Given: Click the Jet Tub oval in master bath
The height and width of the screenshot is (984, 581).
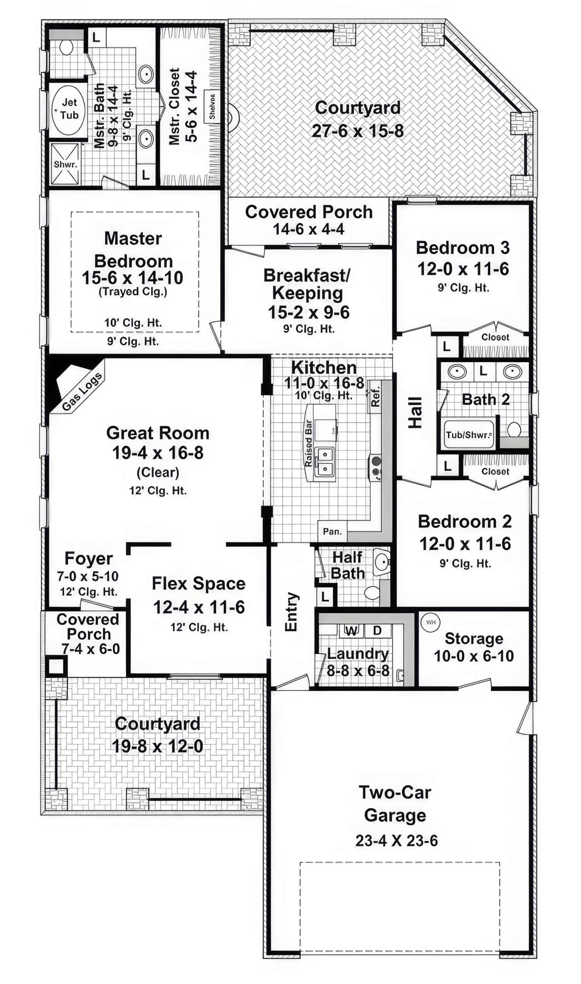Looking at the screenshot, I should (68, 110).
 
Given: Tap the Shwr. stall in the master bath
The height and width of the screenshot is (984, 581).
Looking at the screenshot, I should (65, 164).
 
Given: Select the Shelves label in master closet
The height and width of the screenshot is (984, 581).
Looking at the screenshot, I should (212, 107).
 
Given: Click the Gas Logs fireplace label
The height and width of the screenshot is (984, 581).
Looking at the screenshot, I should (82, 391).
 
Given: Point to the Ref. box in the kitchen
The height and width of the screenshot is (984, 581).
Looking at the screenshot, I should (375, 396).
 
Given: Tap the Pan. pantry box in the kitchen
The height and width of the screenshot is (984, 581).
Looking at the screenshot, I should (332, 532).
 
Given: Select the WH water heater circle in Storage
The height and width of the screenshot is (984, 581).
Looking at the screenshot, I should (430, 622).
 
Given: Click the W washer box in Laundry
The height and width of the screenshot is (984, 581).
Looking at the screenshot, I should (351, 630).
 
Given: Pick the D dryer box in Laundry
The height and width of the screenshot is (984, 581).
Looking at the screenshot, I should (377, 630).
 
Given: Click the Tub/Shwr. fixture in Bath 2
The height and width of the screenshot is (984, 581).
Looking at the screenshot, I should (469, 435).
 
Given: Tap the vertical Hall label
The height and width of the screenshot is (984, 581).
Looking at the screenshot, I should (415, 413).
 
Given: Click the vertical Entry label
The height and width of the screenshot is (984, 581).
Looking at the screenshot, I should (291, 612).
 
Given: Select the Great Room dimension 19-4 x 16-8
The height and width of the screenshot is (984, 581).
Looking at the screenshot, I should (158, 453).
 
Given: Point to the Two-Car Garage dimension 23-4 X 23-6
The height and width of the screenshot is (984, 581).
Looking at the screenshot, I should (396, 841).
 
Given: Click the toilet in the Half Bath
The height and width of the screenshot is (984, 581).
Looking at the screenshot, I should (371, 592).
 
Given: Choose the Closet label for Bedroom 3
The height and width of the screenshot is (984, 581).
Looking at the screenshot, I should (495, 337).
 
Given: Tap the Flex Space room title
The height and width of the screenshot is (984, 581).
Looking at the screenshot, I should (198, 583).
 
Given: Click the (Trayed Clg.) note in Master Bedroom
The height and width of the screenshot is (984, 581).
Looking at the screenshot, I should (133, 292).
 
